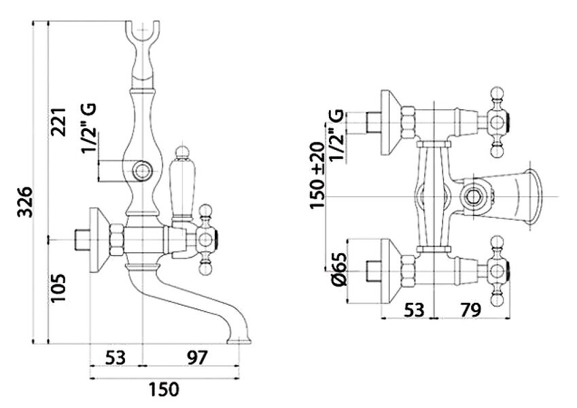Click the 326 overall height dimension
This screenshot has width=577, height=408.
(25, 202)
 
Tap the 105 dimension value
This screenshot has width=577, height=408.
(59, 289)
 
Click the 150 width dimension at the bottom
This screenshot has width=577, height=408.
(164, 390)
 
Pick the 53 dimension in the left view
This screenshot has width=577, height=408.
(116, 356)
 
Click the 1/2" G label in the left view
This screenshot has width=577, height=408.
(89, 129)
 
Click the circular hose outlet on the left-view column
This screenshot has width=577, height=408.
(141, 171)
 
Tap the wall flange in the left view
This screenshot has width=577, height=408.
(99, 240)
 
